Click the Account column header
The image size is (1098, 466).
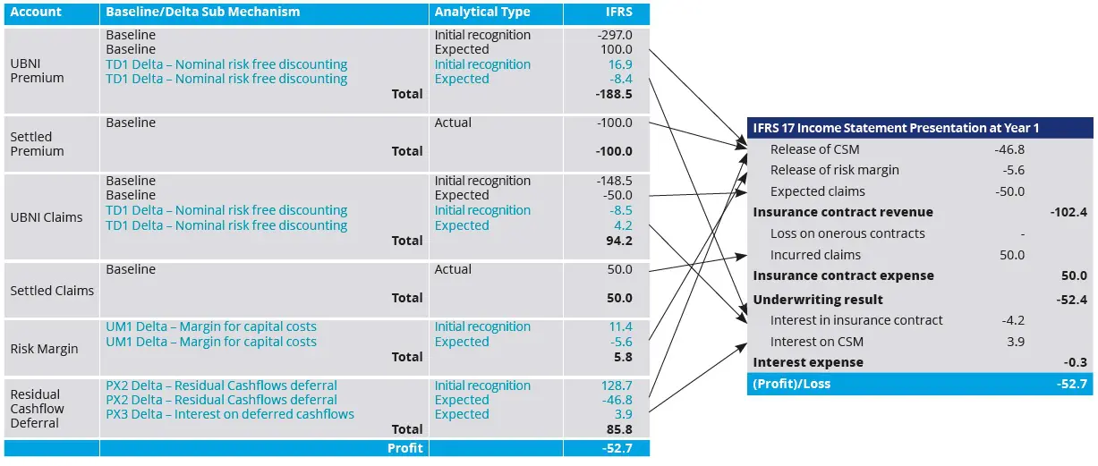point(36,13)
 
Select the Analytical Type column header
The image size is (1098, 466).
point(481,13)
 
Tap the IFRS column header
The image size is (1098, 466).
point(618,13)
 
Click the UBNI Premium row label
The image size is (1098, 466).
point(37,71)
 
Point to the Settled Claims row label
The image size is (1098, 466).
point(52,290)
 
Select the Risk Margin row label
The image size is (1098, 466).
point(44,349)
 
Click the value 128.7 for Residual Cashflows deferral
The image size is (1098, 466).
point(617,386)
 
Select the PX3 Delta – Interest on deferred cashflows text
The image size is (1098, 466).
point(230,414)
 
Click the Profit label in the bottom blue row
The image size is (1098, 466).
point(404,448)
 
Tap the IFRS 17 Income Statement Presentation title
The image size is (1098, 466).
point(896,128)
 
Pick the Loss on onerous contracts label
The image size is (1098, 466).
point(847,233)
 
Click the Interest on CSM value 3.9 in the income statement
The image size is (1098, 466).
point(1014,342)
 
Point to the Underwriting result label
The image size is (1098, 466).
point(818,300)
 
